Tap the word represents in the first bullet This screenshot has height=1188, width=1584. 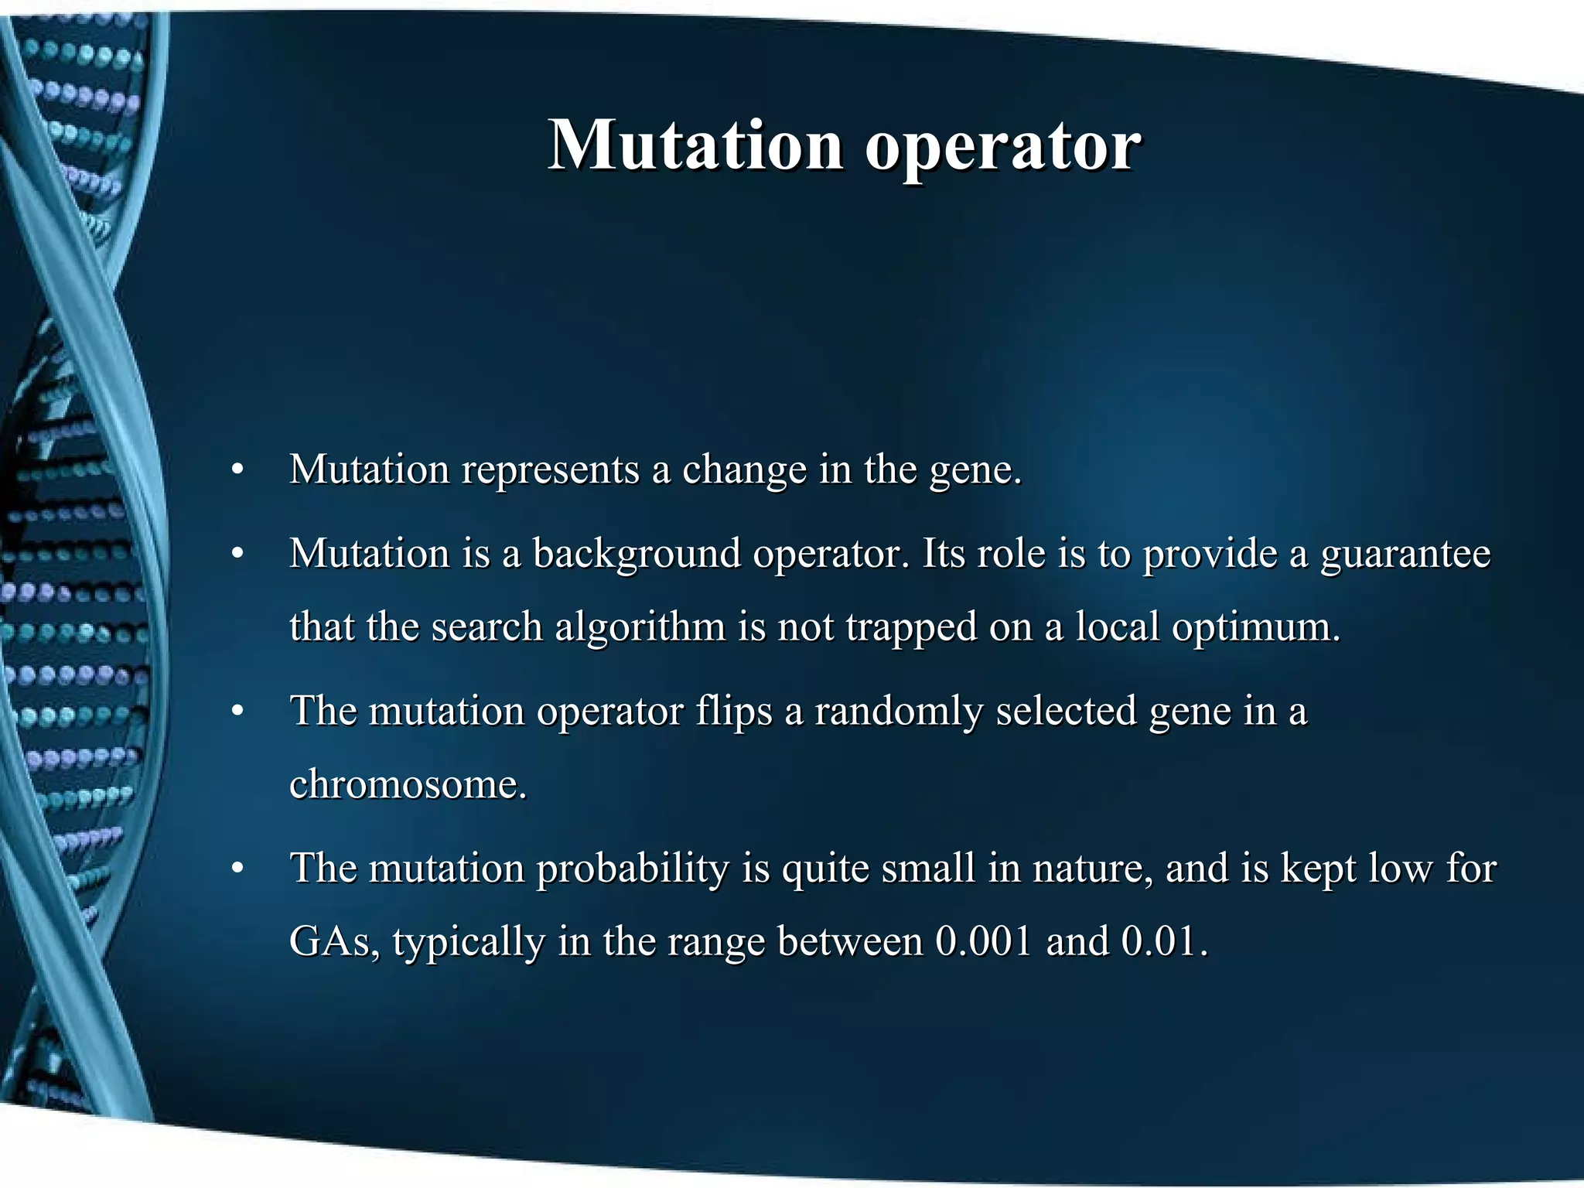coord(550,470)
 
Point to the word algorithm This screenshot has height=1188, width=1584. coord(640,627)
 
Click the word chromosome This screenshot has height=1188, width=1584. coord(408,784)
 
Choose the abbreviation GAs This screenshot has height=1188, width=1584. coord(334,942)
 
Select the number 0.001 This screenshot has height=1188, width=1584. coord(983,941)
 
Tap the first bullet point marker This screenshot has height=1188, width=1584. coord(238,470)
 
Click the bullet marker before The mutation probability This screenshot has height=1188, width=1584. coord(238,869)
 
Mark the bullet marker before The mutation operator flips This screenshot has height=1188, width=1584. coord(238,712)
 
